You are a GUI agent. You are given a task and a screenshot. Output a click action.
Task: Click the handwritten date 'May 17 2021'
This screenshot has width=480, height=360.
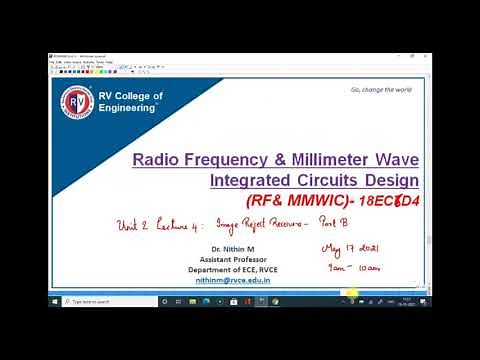point(350,248)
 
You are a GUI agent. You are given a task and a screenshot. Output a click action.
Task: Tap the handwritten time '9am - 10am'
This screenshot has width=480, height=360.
point(355,268)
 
